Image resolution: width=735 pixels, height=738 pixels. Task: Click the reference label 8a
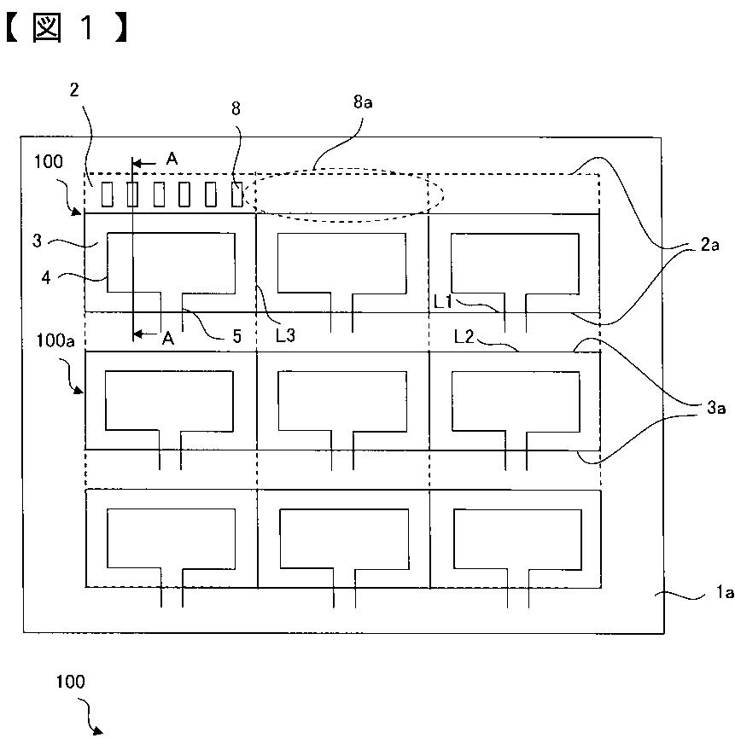(363, 102)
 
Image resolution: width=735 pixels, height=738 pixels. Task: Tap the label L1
(442, 302)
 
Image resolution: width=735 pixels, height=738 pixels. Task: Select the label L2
(464, 336)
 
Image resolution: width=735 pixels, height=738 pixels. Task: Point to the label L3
(285, 335)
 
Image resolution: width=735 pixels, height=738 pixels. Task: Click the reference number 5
(236, 336)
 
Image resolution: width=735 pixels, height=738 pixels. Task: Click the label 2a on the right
(709, 244)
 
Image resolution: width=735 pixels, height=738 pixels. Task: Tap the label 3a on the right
(715, 408)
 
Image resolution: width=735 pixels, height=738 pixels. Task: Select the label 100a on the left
(55, 340)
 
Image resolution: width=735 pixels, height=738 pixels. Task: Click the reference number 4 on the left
(46, 277)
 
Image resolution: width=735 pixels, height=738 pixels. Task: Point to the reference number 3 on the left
(38, 241)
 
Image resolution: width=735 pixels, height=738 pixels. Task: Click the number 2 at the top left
(74, 90)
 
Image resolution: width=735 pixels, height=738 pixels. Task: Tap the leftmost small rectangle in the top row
(108, 195)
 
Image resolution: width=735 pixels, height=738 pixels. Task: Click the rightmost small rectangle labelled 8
(236, 195)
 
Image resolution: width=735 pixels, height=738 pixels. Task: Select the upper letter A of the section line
(172, 159)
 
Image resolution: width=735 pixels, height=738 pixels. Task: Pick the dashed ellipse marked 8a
(349, 170)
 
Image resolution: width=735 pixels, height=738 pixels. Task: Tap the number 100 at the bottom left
(70, 682)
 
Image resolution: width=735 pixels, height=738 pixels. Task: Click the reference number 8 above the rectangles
(236, 108)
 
